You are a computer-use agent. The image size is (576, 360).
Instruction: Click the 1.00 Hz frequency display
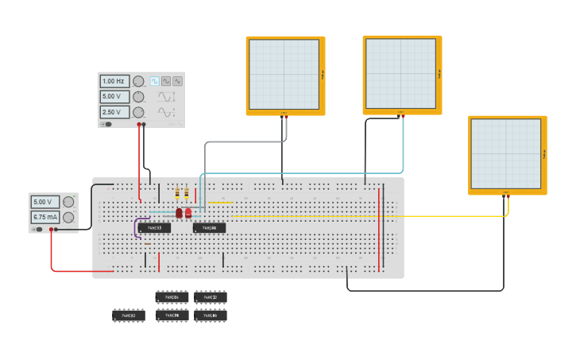[x=114, y=81]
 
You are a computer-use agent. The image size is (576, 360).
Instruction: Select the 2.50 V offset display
[x=114, y=112]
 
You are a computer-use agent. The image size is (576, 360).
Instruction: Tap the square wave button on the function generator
[x=155, y=81]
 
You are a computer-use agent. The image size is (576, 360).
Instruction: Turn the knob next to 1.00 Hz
[x=138, y=81]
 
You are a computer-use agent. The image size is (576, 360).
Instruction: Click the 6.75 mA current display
[x=45, y=217]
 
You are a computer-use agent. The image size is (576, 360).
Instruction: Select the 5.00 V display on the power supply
[x=45, y=202]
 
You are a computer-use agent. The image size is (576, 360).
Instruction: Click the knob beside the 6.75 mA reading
[x=68, y=217]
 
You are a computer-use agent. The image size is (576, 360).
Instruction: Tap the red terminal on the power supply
[x=52, y=229]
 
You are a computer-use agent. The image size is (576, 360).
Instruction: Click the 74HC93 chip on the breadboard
[x=154, y=228]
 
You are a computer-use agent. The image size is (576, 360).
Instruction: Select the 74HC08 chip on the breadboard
[x=209, y=228]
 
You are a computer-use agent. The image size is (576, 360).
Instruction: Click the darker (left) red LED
[x=180, y=213]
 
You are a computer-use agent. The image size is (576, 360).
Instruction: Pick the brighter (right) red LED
[x=188, y=213]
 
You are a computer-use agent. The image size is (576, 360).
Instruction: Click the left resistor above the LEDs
[x=177, y=194]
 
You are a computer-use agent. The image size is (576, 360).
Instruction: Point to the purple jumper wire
[x=136, y=228]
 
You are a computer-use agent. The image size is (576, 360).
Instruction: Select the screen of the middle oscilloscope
[x=401, y=73]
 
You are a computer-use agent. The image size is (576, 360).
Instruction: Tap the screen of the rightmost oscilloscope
[x=506, y=153]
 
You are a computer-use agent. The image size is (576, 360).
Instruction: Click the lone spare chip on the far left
[x=129, y=315]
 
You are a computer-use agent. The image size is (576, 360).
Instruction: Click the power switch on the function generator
[x=106, y=124]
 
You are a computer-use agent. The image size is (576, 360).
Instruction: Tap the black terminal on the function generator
[x=144, y=124]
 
